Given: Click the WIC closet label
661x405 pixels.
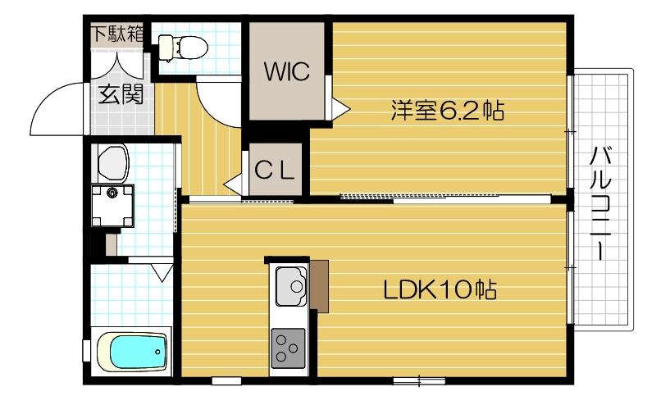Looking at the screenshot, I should point(286,71).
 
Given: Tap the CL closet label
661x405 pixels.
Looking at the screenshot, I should point(273,171).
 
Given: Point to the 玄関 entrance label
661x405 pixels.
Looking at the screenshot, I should point(121,96).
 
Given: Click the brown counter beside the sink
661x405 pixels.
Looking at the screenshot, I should point(318,285).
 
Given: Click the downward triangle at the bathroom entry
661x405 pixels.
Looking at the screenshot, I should point(161,269).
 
